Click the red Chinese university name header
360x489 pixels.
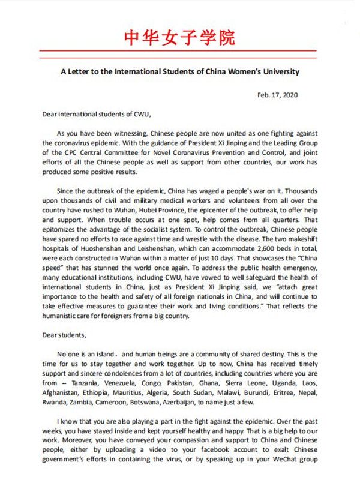179,37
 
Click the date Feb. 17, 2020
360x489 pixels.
277,94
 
